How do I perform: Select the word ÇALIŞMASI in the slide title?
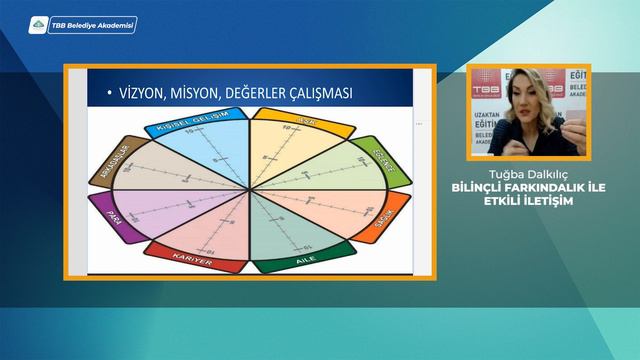point(312,94)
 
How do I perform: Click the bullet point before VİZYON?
point(106,95)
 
